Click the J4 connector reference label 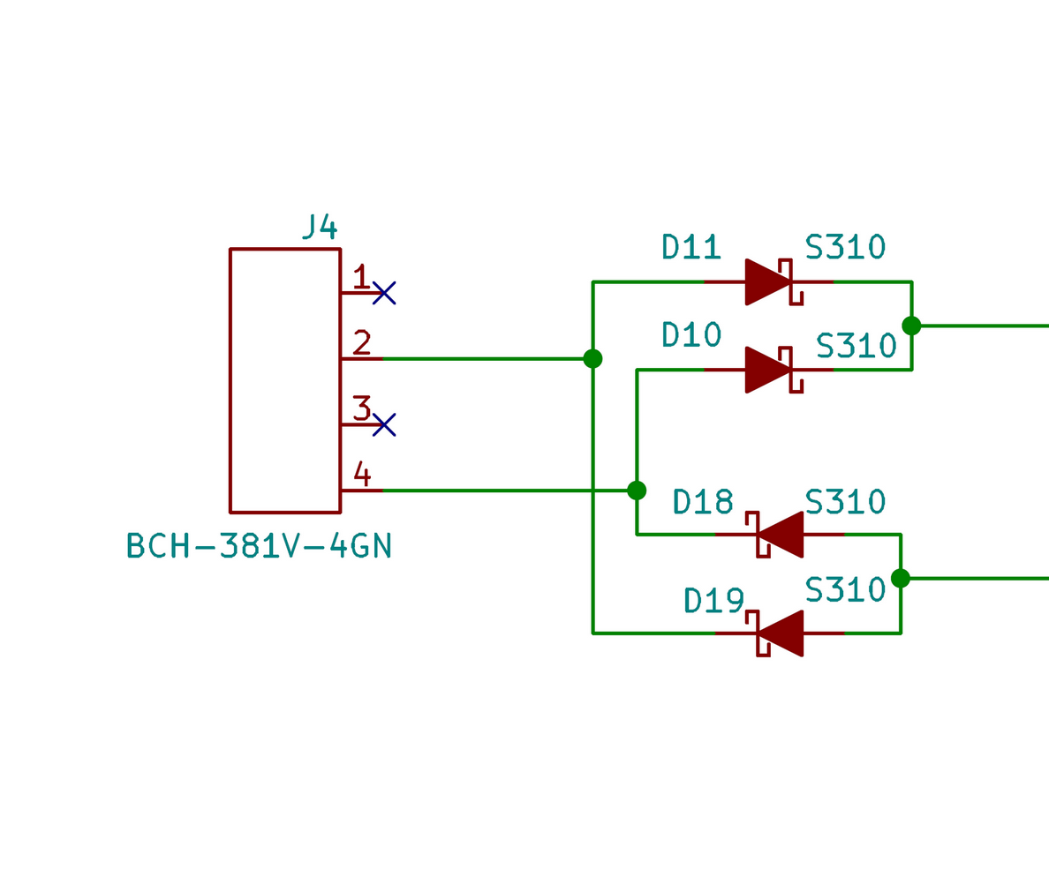pos(319,227)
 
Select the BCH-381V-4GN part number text pos(259,546)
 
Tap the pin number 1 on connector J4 pos(360,277)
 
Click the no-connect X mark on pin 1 pos(384,293)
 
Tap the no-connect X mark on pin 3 pos(384,424)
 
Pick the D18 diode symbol pos(779,535)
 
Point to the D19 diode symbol pos(779,633)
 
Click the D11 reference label pos(691,248)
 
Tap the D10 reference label pos(691,335)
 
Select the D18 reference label pos(703,501)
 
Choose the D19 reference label pos(713,600)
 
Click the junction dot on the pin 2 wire pos(592,358)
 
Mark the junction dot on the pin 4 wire pos(637,490)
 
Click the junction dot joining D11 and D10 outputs pos(911,326)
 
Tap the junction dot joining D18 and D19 pos(901,578)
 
